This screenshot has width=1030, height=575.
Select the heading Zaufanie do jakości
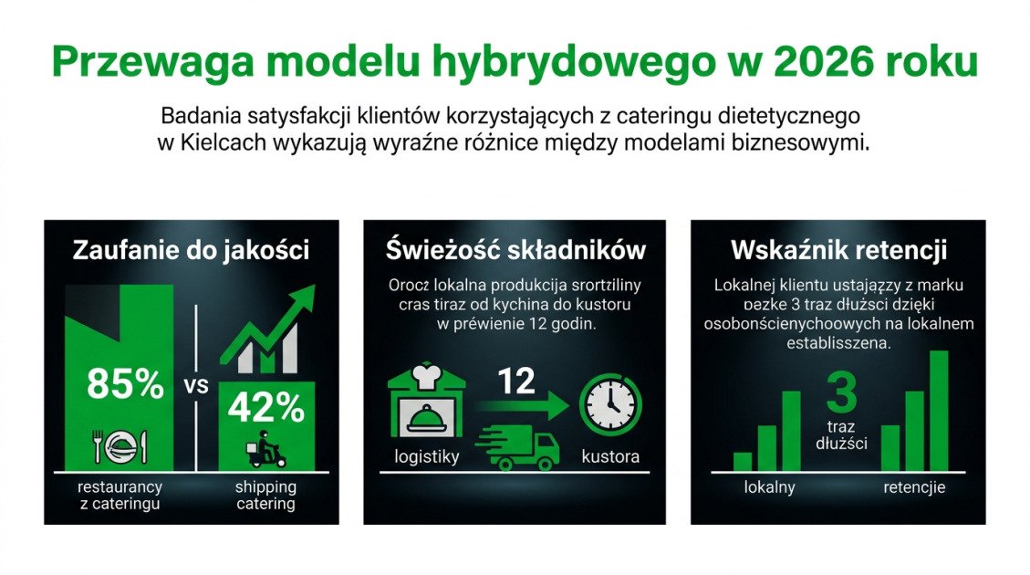pyautogui.click(x=191, y=250)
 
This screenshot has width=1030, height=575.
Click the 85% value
pyautogui.click(x=125, y=384)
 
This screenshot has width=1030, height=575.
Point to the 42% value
pyautogui.click(x=266, y=408)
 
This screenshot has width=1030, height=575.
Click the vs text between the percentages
pyautogui.click(x=196, y=385)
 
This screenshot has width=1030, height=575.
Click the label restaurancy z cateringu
pyautogui.click(x=120, y=496)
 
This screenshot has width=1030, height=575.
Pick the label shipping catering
pyautogui.click(x=265, y=496)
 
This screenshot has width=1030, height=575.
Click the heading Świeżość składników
pyautogui.click(x=515, y=250)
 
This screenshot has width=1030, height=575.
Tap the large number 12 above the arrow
pyautogui.click(x=516, y=381)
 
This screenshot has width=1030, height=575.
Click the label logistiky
pyautogui.click(x=426, y=456)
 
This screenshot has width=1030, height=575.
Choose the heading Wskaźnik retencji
pyautogui.click(x=838, y=250)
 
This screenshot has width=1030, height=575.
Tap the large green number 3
pyautogui.click(x=841, y=393)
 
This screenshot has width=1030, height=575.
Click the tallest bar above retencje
pyautogui.click(x=938, y=411)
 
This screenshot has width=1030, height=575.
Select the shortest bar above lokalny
pyautogui.click(x=743, y=461)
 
